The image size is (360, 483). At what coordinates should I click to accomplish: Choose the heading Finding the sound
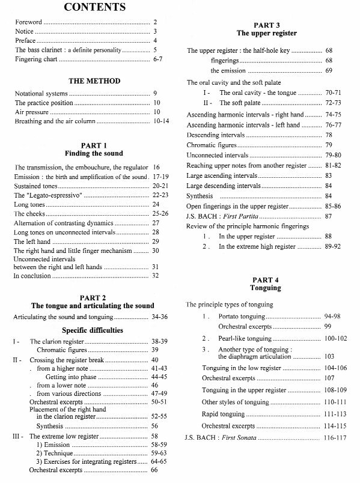[85, 154]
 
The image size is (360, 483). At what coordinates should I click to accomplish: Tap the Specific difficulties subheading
[85, 330]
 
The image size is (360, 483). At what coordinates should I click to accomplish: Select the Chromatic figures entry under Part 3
[212, 145]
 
